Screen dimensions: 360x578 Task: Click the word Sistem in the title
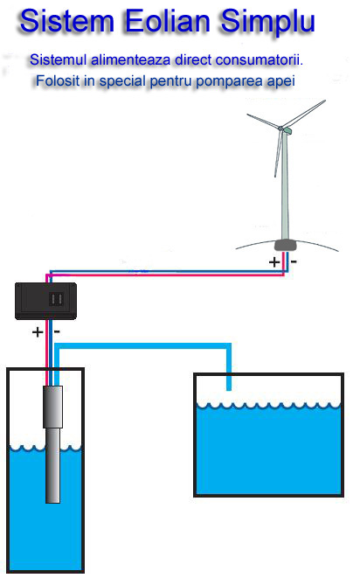pos(67,21)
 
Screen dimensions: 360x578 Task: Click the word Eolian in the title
pos(168,21)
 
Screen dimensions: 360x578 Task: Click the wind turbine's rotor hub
pos(281,129)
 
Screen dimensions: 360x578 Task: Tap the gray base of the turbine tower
pos(286,245)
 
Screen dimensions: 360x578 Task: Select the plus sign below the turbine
pos(274,262)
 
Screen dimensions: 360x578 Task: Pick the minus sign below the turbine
pos(294,261)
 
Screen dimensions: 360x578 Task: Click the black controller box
pos(45,301)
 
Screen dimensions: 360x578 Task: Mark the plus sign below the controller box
pos(38,332)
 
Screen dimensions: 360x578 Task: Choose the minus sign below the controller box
pos(57,331)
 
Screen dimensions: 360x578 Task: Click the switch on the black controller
pos(57,299)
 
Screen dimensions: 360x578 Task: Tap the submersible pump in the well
pos(52,444)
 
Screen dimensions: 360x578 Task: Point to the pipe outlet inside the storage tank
pos(229,388)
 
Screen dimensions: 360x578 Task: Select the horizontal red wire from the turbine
pos(165,275)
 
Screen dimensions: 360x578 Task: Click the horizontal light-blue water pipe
pos(142,345)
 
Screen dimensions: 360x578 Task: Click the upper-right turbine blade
pos(304,114)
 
